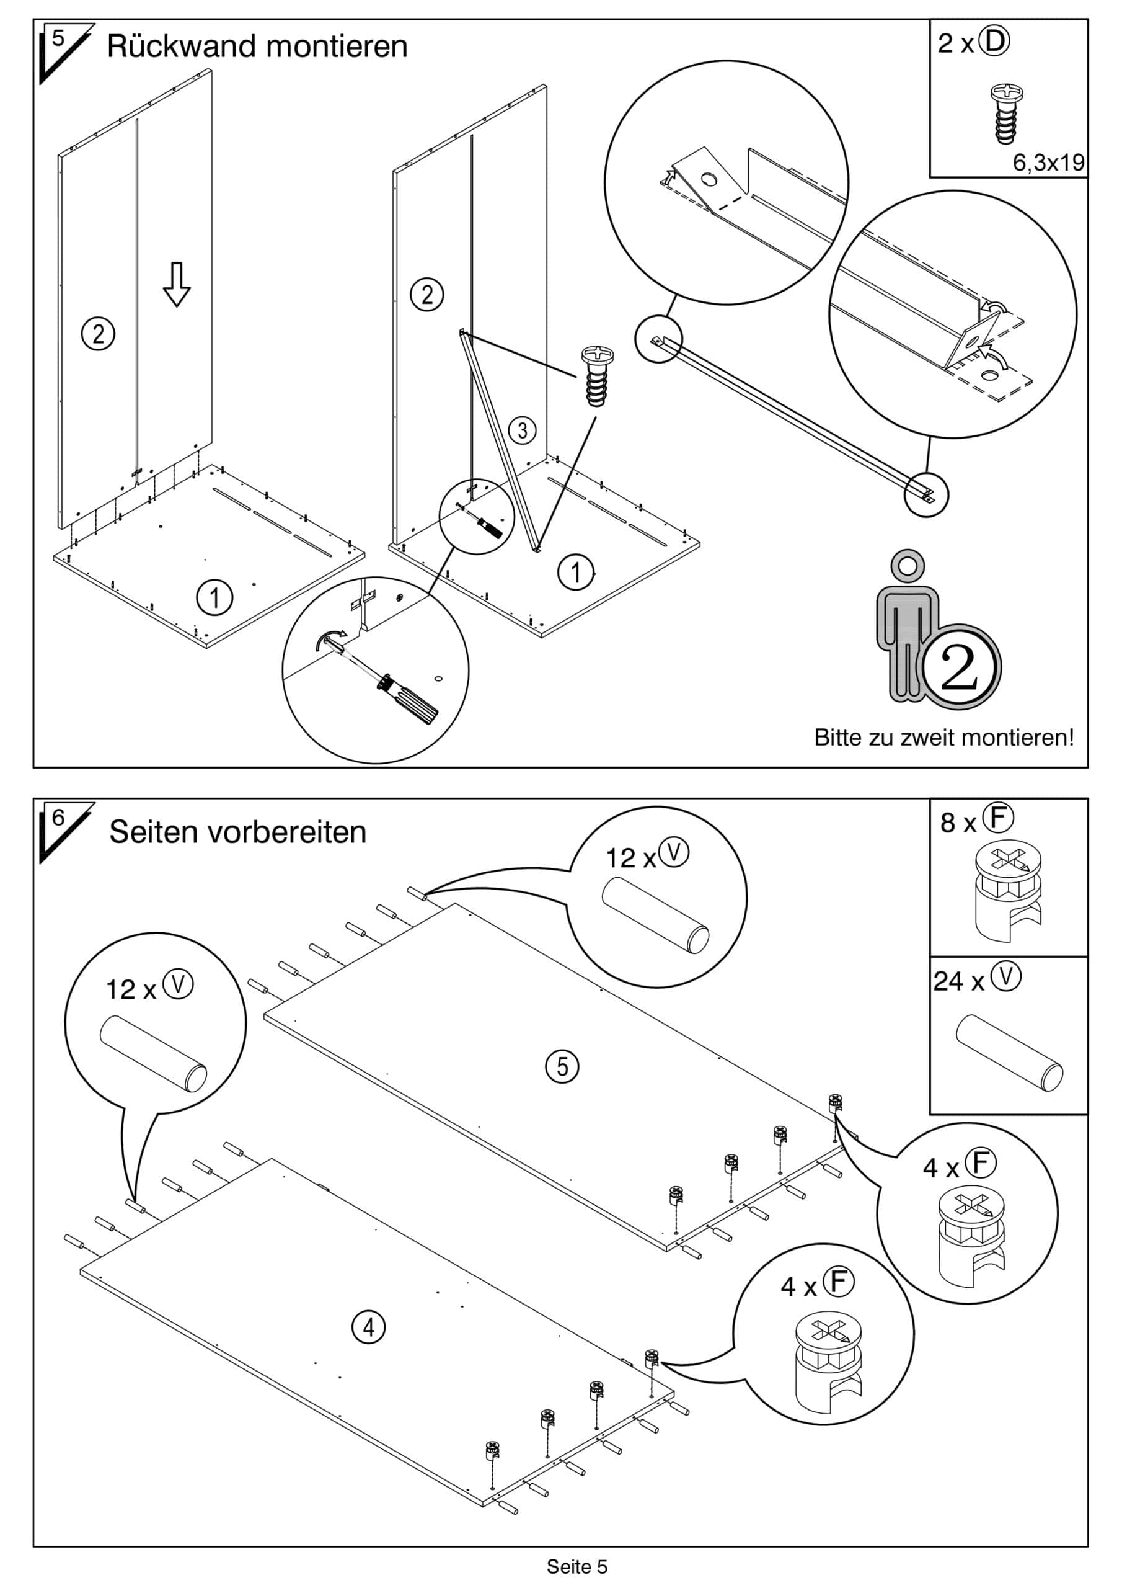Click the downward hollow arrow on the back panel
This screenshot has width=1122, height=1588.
(x=176, y=284)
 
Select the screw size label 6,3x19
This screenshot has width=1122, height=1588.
(x=1048, y=163)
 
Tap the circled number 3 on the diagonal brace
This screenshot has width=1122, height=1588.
(x=522, y=430)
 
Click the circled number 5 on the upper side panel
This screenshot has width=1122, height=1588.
(x=562, y=1066)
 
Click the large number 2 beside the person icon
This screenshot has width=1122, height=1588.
(x=960, y=667)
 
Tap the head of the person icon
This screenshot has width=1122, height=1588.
(x=908, y=566)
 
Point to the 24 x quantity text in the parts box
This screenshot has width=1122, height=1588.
(x=958, y=981)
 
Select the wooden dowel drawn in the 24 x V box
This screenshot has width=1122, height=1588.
(x=1009, y=1052)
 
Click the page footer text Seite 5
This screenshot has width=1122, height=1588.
(x=576, y=1566)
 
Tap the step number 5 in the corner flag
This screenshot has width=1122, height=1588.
(x=58, y=38)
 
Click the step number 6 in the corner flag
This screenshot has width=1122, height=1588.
(x=58, y=818)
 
